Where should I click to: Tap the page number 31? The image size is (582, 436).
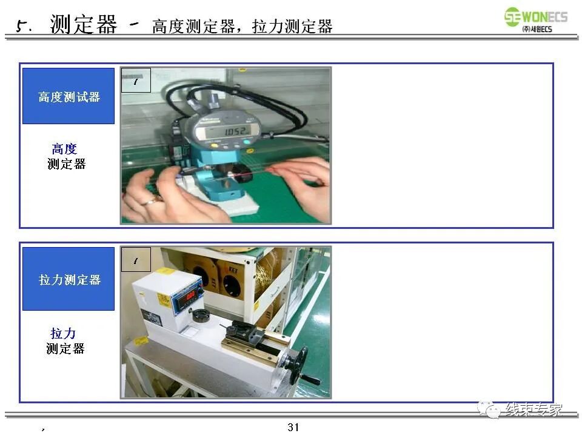(x=293, y=427)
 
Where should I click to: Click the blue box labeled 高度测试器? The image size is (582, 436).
(x=69, y=96)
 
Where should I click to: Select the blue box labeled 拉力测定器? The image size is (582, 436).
(x=69, y=279)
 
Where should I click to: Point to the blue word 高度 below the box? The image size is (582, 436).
(x=64, y=149)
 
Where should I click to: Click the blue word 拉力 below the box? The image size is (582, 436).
(x=63, y=333)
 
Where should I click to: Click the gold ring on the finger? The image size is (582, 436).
(x=149, y=200)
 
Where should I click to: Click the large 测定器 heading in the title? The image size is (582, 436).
(x=83, y=25)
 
